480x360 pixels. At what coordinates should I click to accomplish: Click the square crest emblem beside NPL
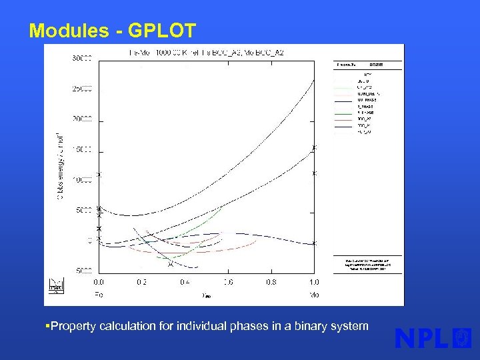(461, 338)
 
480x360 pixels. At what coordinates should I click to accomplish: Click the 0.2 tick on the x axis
(141, 282)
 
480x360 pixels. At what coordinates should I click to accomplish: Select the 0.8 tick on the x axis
(271, 282)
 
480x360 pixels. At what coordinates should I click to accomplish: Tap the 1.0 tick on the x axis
(314, 282)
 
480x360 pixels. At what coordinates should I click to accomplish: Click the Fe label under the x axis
(99, 294)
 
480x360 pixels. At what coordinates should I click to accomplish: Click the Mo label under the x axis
(314, 294)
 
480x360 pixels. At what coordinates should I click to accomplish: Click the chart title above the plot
(207, 52)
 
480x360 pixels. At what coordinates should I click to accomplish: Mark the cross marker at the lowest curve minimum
(171, 264)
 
